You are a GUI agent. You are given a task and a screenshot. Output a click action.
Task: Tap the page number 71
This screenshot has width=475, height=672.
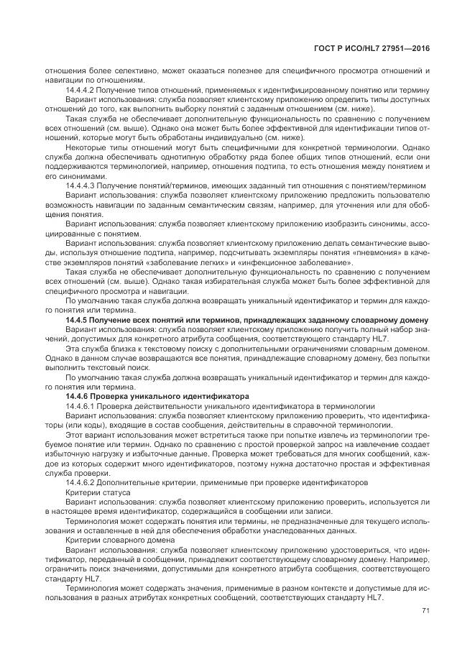(425, 610)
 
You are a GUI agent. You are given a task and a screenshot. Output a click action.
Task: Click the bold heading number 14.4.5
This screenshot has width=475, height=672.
(77, 320)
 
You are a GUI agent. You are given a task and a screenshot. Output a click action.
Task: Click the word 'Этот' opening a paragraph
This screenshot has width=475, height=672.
(75, 434)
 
